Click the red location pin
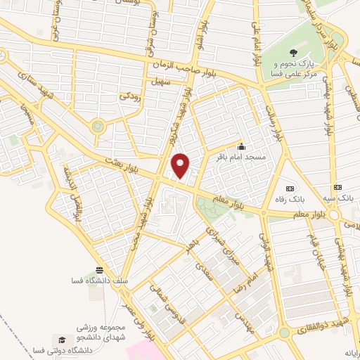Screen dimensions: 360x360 pos(181,166)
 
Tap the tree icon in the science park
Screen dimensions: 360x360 pos(292,53)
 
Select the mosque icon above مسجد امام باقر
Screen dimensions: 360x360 pos(242,146)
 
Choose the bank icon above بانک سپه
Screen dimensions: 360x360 pos(338,188)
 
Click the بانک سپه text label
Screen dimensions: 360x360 pos(339,200)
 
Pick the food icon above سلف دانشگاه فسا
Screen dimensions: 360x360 pos(99,270)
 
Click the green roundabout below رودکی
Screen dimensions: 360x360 pos(97,127)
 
